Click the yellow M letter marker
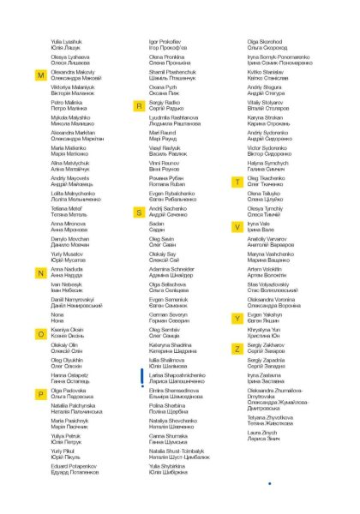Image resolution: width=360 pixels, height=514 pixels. click(40, 75)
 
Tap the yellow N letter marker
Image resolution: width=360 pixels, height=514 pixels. click(40, 273)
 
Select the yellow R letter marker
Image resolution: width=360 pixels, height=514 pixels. click(138, 102)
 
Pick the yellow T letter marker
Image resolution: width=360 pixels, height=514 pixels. click(237, 182)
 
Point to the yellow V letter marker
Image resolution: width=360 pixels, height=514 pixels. click(237, 226)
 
